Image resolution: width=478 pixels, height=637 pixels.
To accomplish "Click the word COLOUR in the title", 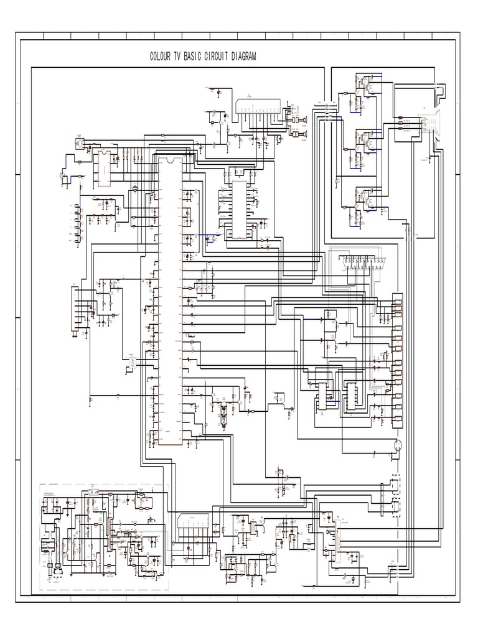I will coord(161,57).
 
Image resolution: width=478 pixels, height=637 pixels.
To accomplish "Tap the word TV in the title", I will coord(178,57).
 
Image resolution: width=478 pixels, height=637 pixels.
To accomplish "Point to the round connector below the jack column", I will coord(396,445).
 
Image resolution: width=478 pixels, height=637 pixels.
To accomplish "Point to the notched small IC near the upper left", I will coord(102,167).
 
